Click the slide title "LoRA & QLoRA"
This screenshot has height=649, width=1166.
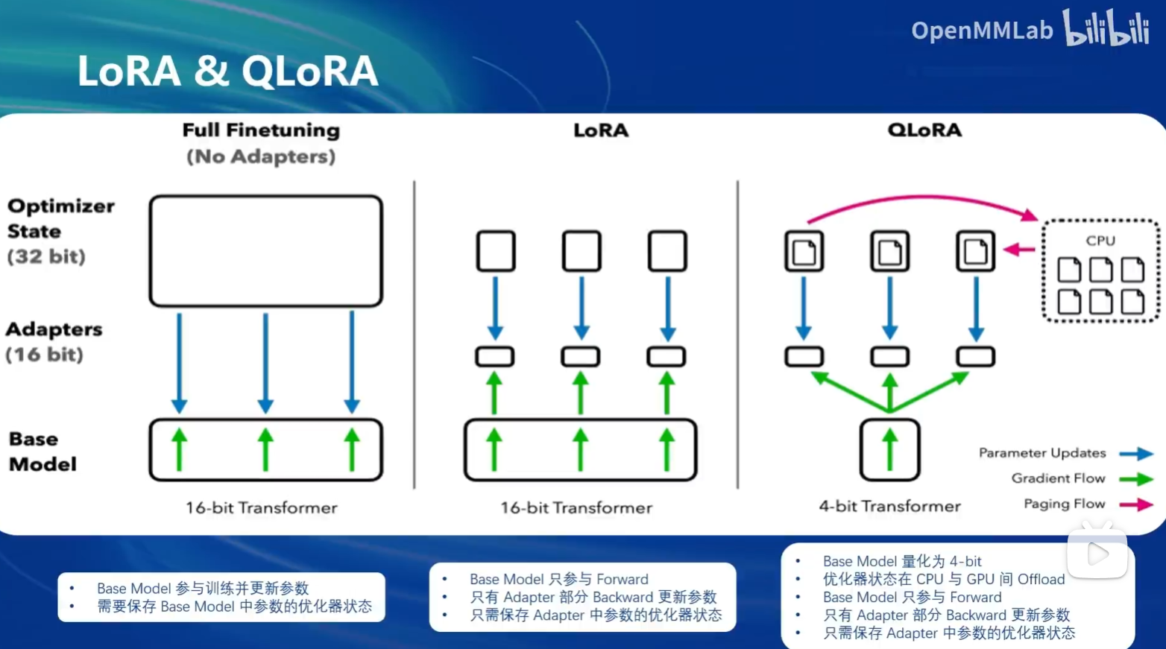click(227, 72)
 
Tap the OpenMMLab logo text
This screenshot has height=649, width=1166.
click(981, 31)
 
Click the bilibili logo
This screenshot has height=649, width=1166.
click(1106, 28)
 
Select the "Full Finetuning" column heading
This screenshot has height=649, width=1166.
click(261, 130)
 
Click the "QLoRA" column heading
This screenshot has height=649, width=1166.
click(924, 130)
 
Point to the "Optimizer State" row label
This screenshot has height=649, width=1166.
click(60, 218)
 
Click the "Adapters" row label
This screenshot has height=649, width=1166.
click(54, 329)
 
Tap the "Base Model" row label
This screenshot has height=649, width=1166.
click(42, 452)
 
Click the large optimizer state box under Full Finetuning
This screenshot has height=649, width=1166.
click(266, 251)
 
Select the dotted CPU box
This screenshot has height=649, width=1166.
click(1100, 271)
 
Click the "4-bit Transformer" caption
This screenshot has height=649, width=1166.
click(889, 507)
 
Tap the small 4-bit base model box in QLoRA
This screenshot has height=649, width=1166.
click(889, 450)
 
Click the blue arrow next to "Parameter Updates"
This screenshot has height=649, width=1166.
click(1135, 454)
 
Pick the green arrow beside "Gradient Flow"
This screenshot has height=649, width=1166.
click(1135, 479)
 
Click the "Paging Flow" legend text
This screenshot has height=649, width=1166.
click(1064, 504)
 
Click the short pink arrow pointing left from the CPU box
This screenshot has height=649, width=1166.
click(1018, 250)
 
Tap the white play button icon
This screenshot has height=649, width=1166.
click(1097, 554)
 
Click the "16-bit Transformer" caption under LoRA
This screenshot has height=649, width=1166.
click(576, 508)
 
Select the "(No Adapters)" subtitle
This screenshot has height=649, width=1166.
click(261, 157)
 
